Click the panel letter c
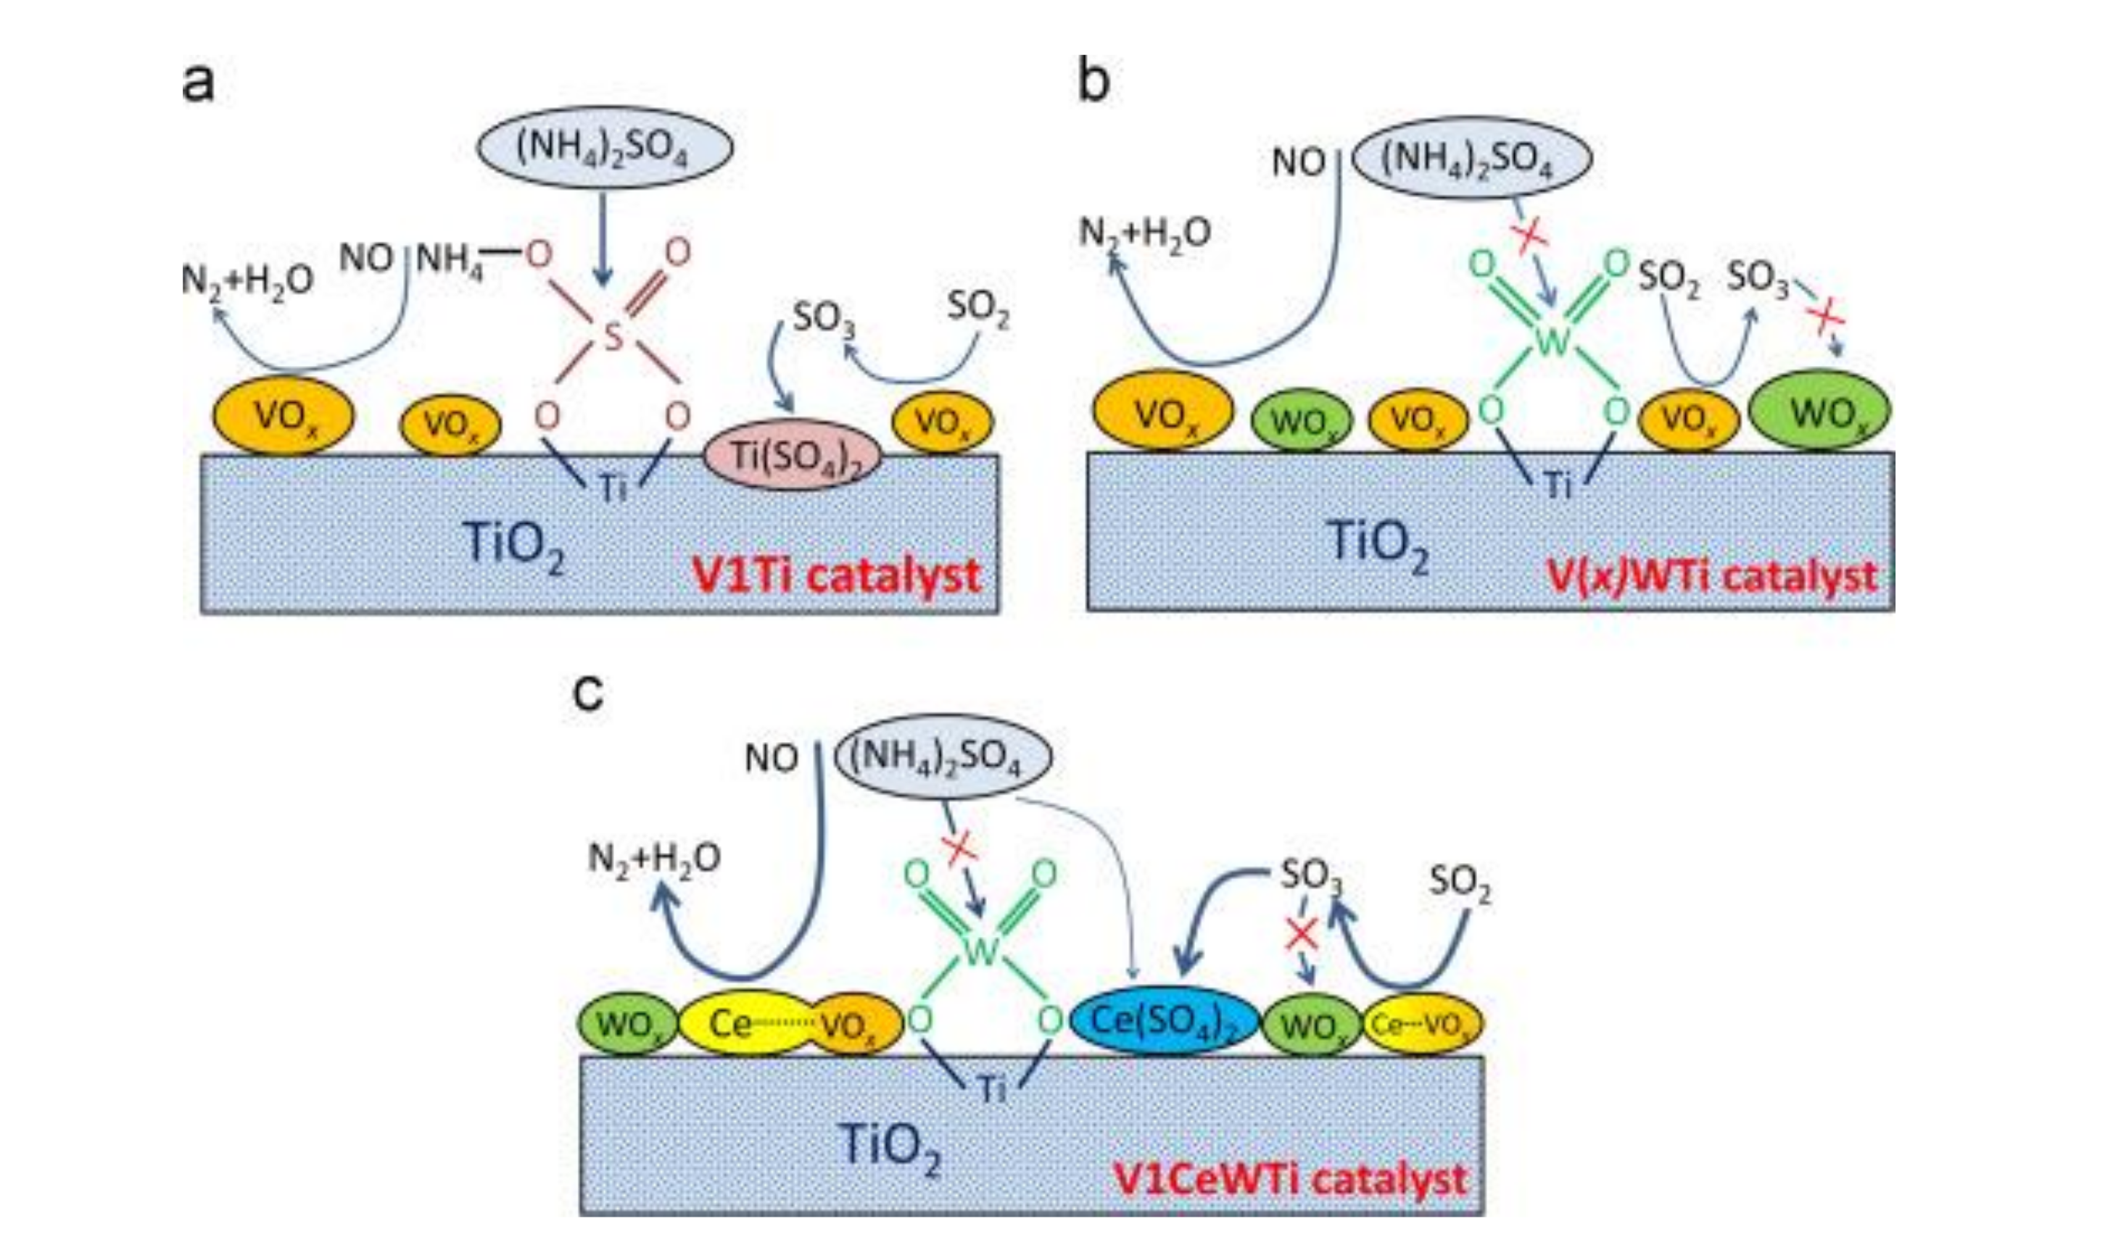587,694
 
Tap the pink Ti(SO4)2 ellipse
792,456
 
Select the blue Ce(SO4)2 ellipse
1164,1021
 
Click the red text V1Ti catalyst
836,576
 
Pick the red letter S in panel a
613,337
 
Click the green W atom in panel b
1553,341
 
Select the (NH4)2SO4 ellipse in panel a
604,146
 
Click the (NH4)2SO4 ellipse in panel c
942,755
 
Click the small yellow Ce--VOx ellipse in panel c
1423,1024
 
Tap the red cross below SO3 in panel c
1302,934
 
